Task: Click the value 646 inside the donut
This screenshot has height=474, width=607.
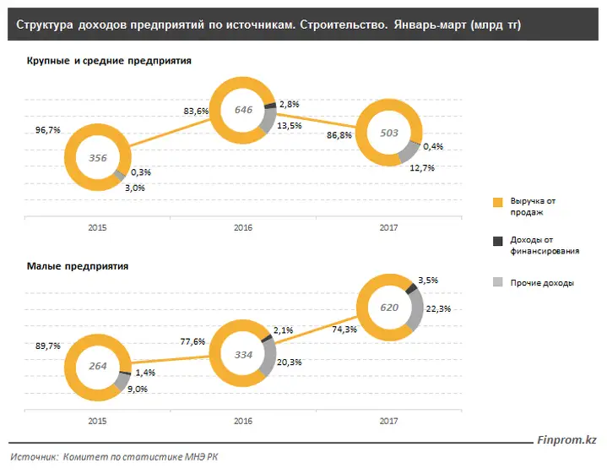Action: pos(243,110)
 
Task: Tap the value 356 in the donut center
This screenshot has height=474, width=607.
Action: pos(98,158)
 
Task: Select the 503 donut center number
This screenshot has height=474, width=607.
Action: pos(389,133)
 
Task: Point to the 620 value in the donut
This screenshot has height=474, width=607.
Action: pos(389,308)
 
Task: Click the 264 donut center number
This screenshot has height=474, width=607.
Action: pos(98,366)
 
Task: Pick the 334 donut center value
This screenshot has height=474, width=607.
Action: pos(243,355)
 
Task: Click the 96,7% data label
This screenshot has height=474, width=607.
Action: pos(48,130)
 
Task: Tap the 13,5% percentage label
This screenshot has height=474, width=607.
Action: pos(290,126)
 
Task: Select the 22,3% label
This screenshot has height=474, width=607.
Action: pos(439,309)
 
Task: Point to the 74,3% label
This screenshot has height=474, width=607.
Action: pos(344,330)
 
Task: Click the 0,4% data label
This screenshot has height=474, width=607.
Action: pos(433,146)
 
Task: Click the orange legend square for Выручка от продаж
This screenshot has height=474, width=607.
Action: pos(498,202)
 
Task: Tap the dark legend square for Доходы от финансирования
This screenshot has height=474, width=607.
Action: pos(498,241)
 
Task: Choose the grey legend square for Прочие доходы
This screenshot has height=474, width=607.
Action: pos(498,282)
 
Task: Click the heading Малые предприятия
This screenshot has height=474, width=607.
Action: pos(78,267)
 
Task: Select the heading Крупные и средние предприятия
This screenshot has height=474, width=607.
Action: pos(109,61)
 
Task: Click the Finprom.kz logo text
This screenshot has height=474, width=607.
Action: pos(566,440)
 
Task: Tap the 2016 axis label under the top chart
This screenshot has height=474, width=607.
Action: pos(243,228)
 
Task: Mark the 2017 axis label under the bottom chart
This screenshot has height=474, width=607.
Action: pos(388,422)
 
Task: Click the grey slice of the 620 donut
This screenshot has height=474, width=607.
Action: pos(417,310)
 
